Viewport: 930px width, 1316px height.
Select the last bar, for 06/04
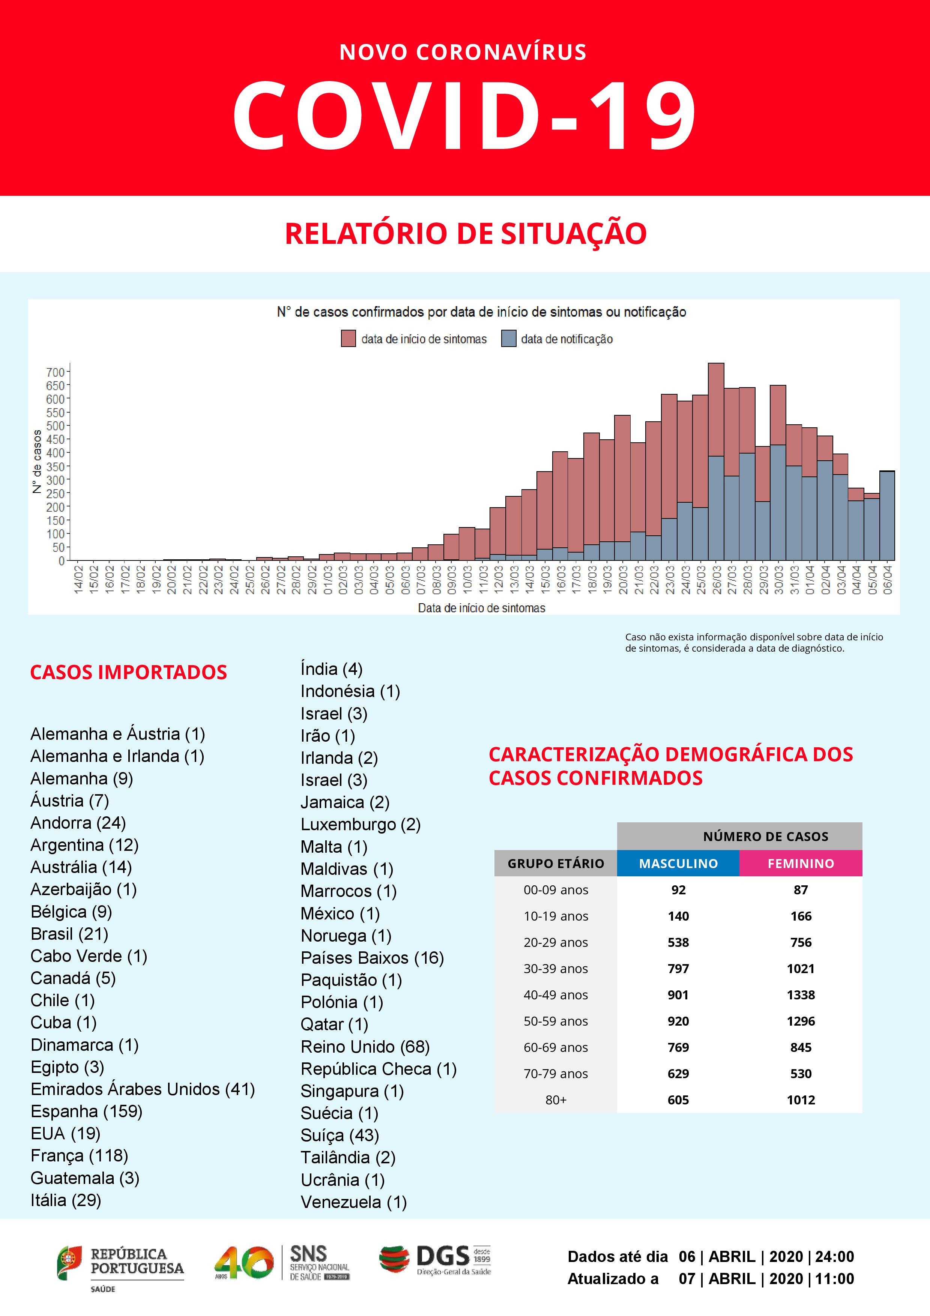point(887,516)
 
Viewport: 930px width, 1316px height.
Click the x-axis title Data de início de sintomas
point(481,608)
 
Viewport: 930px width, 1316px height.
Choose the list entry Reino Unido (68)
point(365,1047)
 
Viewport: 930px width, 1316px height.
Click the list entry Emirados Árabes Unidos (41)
point(143,1089)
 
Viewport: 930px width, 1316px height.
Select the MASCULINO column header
point(678,863)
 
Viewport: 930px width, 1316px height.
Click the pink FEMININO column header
point(801,863)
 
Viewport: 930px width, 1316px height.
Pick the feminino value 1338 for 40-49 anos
point(801,995)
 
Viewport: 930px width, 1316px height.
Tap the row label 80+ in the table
point(555,1100)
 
